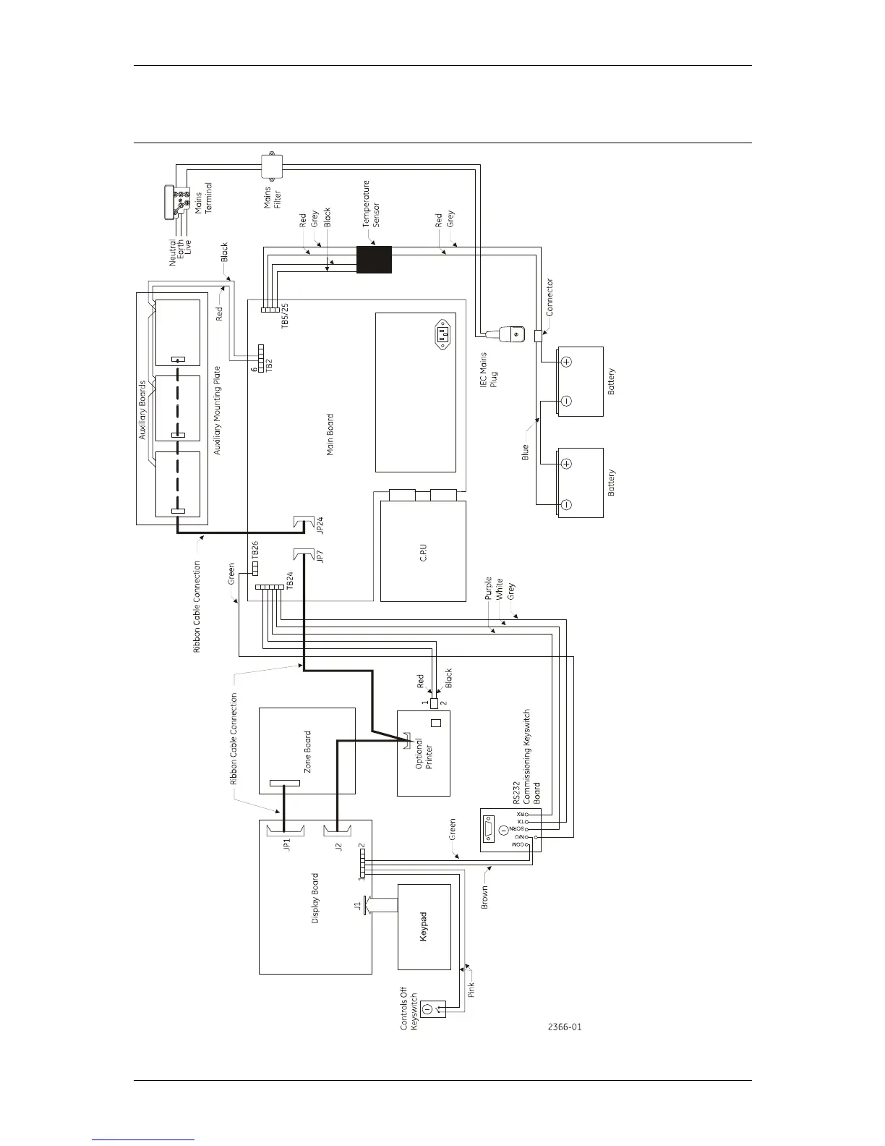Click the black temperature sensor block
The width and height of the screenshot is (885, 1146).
374,260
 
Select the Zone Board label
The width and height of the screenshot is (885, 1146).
308,757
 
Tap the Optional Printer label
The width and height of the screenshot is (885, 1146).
424,773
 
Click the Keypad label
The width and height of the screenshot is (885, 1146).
424,926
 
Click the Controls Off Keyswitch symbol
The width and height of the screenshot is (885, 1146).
428,1008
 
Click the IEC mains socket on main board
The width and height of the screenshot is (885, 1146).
443,335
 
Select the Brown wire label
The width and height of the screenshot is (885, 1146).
484,897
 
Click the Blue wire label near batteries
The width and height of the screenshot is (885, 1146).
526,452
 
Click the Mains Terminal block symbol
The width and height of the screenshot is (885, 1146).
179,203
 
